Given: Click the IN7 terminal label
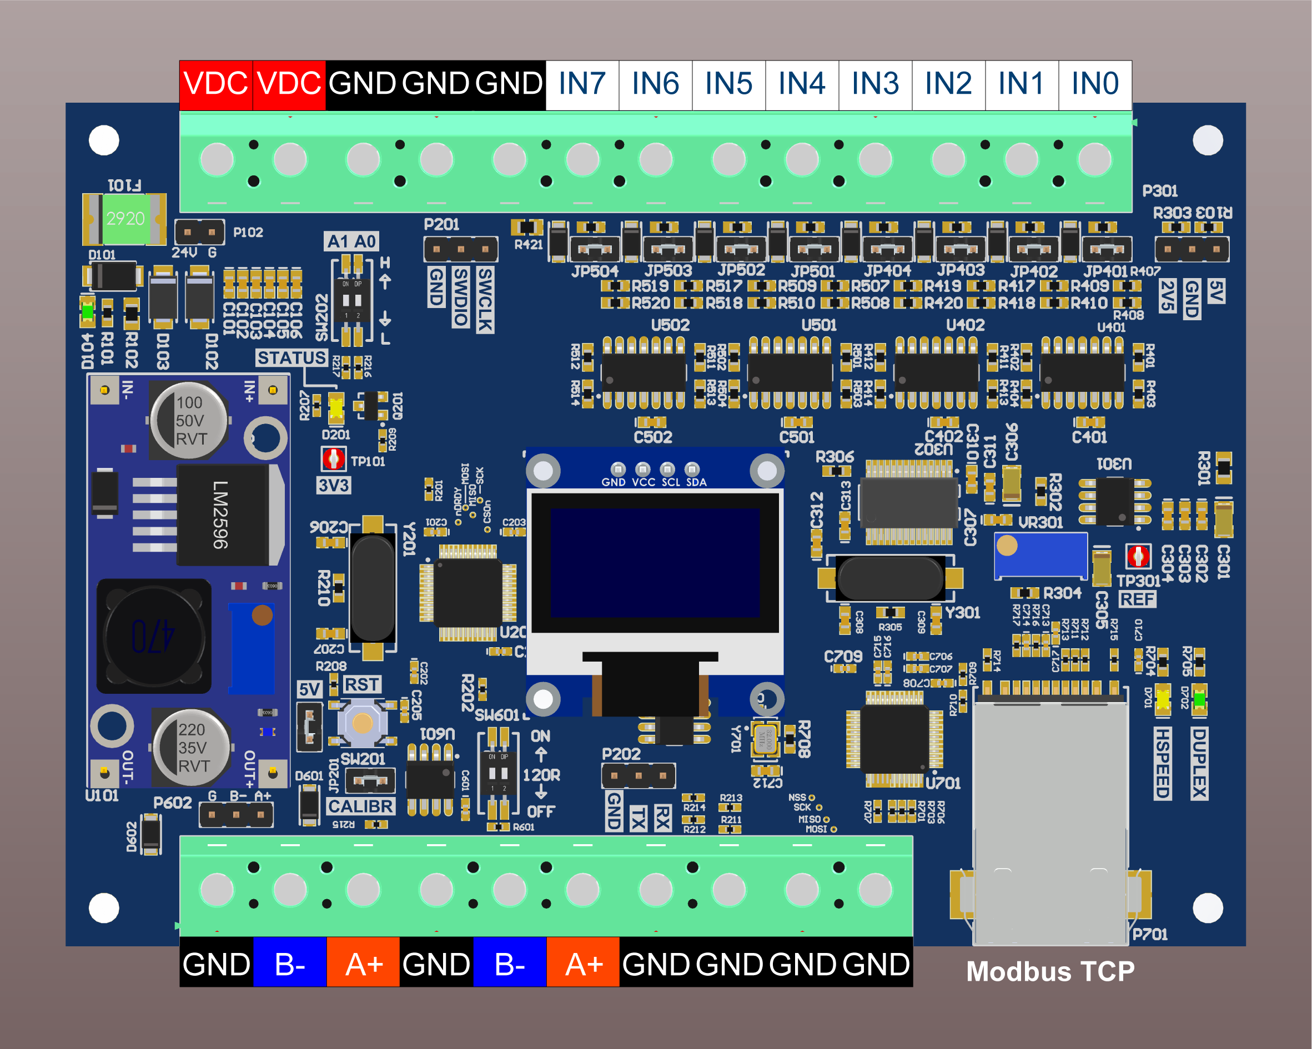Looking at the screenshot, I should click(582, 84).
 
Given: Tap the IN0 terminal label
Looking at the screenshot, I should click(1095, 84).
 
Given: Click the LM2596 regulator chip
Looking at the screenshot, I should click(223, 515).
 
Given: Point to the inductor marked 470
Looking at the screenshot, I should click(154, 637).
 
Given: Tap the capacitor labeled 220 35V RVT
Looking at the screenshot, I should click(191, 747).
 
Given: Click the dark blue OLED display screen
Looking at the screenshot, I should click(655, 563).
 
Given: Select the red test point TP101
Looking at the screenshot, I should click(334, 459).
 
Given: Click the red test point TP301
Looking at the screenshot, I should click(1138, 556).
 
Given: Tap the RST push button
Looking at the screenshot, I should click(363, 723).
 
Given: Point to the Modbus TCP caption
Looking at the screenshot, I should click(1050, 972).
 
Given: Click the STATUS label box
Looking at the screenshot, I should click(291, 358).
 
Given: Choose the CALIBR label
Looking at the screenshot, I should click(361, 806).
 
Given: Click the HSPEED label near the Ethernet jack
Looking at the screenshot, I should click(1162, 763).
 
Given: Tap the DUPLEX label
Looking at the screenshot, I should click(1199, 763).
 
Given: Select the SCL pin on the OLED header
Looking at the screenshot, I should click(667, 469).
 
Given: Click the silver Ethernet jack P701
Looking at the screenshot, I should click(1050, 821).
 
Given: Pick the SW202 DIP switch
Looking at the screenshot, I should click(351, 300).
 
